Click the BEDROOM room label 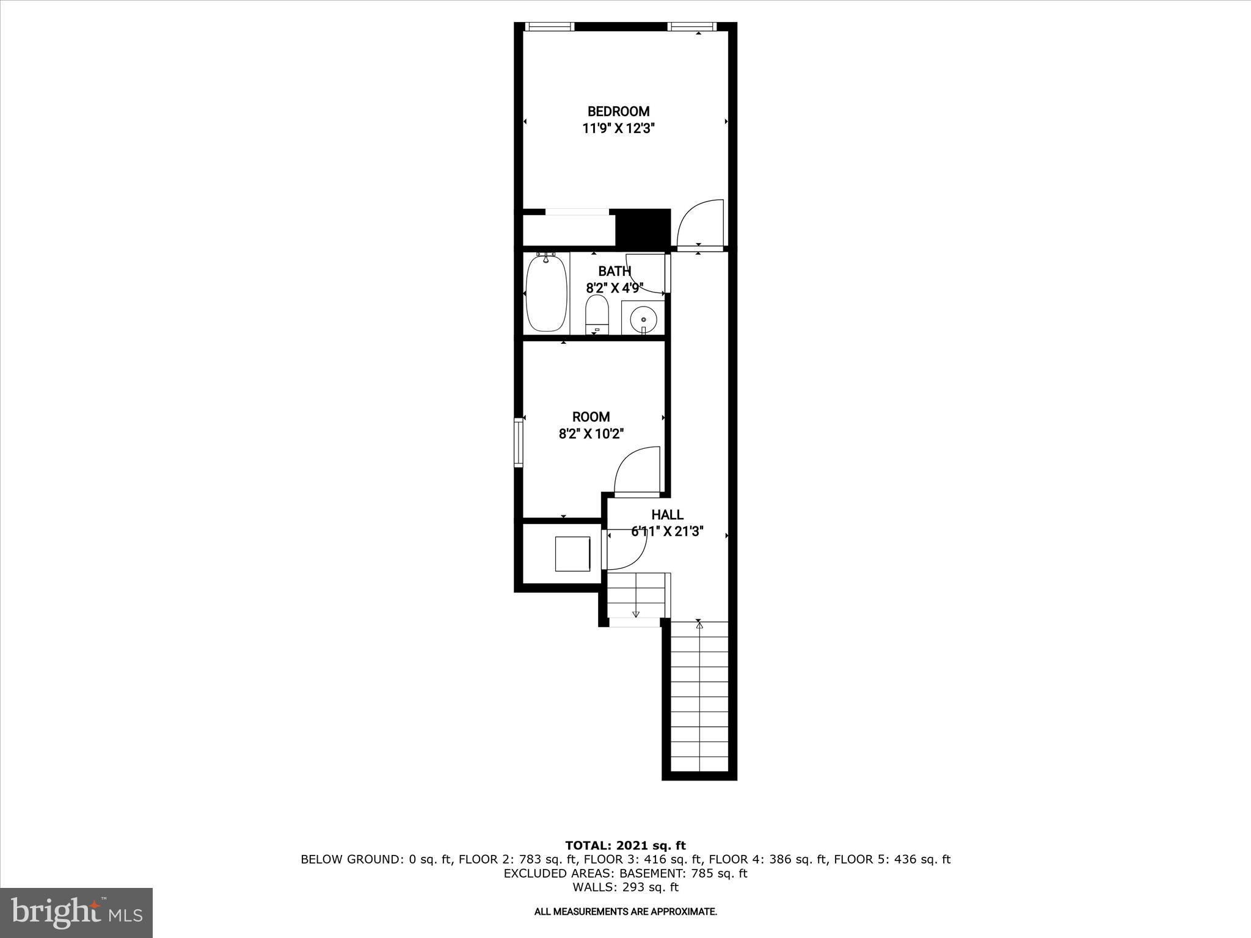pos(618,111)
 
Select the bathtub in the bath pos(546,293)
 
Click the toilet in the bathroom pos(597,314)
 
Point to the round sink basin pos(643,318)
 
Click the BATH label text pos(614,271)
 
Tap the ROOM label pos(591,417)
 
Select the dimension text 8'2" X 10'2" pos(591,434)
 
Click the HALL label pos(667,515)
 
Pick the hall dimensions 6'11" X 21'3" pos(667,532)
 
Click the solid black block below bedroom pos(643,227)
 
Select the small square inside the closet pos(572,554)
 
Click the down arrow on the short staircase pos(636,614)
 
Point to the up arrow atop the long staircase pos(699,625)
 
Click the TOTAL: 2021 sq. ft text pos(625,845)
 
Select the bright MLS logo pos(76,912)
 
